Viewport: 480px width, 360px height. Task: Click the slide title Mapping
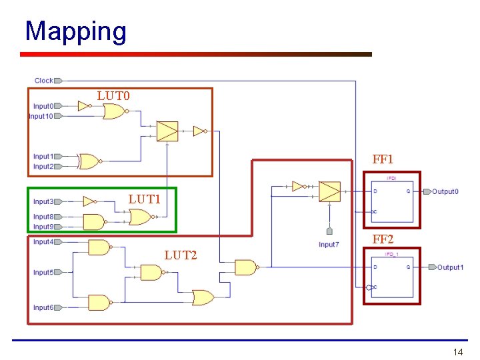pos(75,31)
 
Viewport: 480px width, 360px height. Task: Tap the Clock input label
pos(43,81)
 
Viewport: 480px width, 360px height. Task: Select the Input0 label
pos(43,106)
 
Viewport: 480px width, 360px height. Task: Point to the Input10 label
pos(41,116)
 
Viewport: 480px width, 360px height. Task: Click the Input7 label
pos(329,245)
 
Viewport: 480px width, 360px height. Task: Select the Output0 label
pos(445,192)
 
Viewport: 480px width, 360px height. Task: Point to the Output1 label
pos(450,267)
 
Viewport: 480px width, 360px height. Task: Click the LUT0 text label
pos(113,96)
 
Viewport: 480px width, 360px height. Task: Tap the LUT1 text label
pos(145,199)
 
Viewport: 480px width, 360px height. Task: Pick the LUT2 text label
pos(181,255)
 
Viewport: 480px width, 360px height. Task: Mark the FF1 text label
pos(383,159)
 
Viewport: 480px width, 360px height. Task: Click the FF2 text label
pos(383,239)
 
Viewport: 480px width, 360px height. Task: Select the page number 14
pos(457,352)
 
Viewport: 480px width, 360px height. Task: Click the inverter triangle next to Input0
pos(83,106)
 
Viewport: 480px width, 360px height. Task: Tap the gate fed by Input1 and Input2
pos(89,161)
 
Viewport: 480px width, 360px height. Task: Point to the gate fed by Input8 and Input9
pos(93,221)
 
